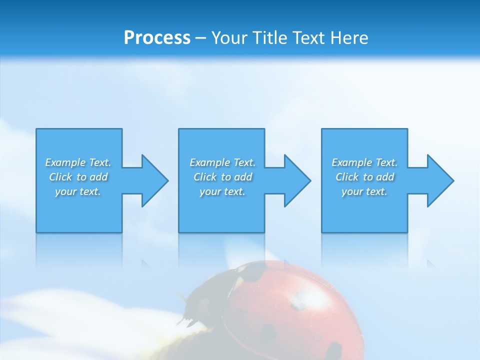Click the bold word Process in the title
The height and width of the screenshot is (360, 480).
click(157, 37)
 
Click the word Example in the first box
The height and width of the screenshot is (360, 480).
click(65, 162)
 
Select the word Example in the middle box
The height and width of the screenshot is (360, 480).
click(210, 162)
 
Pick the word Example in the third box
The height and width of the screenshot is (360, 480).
click(352, 162)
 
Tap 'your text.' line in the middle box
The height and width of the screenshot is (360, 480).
click(222, 191)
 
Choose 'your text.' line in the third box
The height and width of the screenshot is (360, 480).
click(364, 191)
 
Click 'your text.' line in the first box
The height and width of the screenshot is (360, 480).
click(78, 191)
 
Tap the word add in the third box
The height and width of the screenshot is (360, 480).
click(385, 177)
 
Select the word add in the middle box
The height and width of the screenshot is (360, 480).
click(243, 177)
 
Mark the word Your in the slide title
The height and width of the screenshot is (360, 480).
click(228, 37)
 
